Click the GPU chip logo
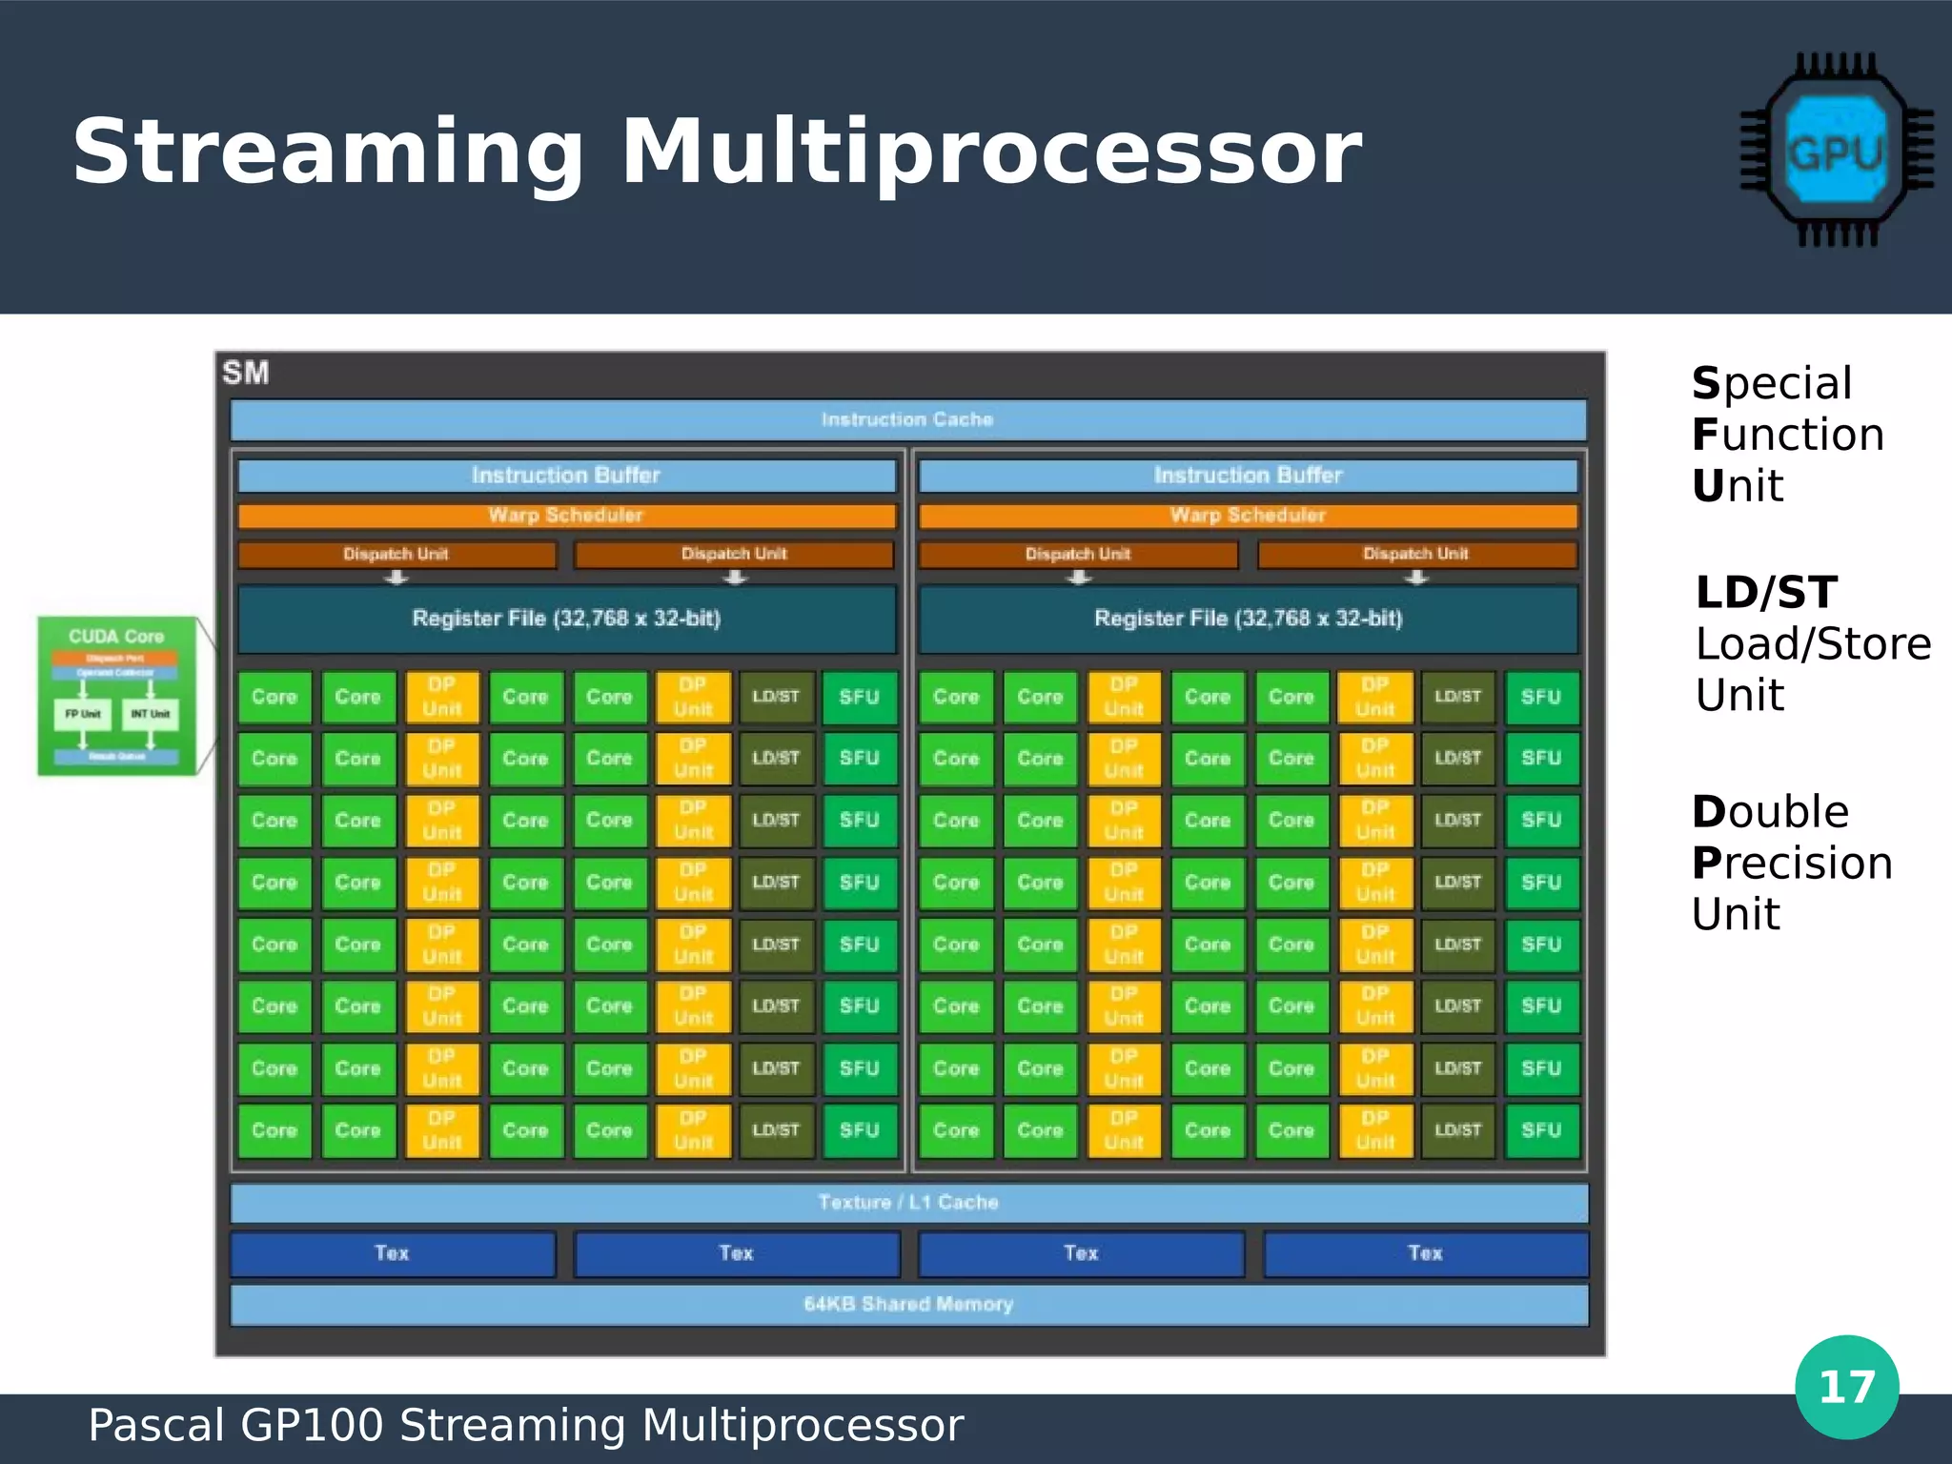(1836, 151)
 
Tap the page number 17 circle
(1846, 1387)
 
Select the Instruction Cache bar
(907, 419)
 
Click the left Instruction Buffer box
(566, 475)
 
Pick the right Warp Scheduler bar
(1248, 516)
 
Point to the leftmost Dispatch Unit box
(396, 554)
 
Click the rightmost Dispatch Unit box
(1416, 554)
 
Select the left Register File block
(566, 619)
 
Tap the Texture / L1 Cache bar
(907, 1203)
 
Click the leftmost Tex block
(392, 1253)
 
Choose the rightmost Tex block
(1425, 1253)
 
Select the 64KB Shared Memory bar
(907, 1304)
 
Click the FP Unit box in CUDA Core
(83, 714)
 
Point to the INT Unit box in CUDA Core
(150, 714)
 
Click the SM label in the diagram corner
(246, 373)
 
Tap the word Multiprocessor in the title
(991, 152)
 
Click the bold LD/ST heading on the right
(1766, 593)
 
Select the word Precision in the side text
(1792, 864)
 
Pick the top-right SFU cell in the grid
(1541, 697)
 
